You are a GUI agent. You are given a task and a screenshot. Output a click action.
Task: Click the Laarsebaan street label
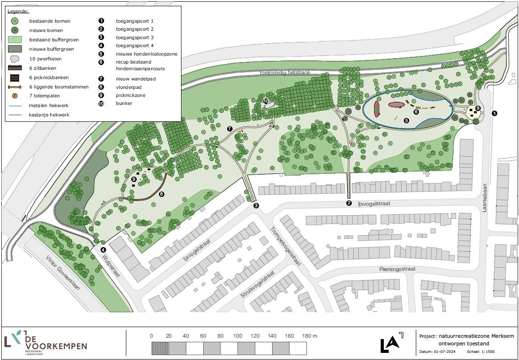pyautogui.click(x=485, y=198)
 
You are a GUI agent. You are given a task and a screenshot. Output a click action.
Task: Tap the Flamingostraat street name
pyautogui.click(x=397, y=269)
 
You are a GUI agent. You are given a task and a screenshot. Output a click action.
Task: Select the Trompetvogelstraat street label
pyautogui.click(x=286, y=246)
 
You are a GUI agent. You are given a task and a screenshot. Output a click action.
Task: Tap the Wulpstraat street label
pyautogui.click(x=112, y=265)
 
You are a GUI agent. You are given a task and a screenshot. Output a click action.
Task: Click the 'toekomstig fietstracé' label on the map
pyautogui.click(x=285, y=72)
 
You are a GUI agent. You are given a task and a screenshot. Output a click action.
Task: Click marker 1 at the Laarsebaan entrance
pyautogui.click(x=495, y=113)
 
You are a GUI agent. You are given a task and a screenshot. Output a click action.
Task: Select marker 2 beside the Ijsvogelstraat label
pyautogui.click(x=349, y=204)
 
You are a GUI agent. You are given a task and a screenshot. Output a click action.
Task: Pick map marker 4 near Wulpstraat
pyautogui.click(x=103, y=250)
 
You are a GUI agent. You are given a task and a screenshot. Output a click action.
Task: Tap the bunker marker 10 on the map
pyautogui.click(x=266, y=101)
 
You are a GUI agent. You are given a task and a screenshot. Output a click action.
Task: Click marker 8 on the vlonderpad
pyautogui.click(x=161, y=194)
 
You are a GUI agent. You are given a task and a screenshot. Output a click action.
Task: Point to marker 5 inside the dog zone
pyautogui.click(x=406, y=120)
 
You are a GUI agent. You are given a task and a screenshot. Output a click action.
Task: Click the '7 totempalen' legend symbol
pyautogui.click(x=15, y=96)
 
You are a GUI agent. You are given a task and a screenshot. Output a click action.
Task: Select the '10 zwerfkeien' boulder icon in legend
pyautogui.click(x=15, y=58)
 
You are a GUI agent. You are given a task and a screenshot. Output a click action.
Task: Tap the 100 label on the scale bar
pyautogui.click(x=238, y=336)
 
